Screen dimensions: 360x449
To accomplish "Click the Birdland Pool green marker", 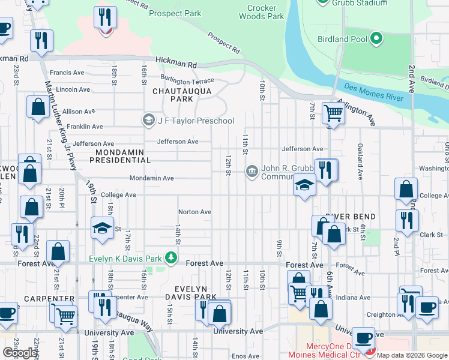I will click(x=376, y=40).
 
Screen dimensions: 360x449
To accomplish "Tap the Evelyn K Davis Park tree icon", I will click(x=172, y=258).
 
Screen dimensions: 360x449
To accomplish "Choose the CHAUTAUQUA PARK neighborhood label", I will click(x=173, y=95).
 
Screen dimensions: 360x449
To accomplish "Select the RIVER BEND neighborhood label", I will click(x=351, y=217).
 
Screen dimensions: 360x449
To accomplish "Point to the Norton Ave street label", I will click(x=194, y=212).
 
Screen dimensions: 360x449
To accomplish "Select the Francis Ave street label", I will click(x=67, y=73).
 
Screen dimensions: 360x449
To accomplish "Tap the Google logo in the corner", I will click(x=20, y=353).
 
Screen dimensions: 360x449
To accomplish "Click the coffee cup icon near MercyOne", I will click(x=363, y=337).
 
